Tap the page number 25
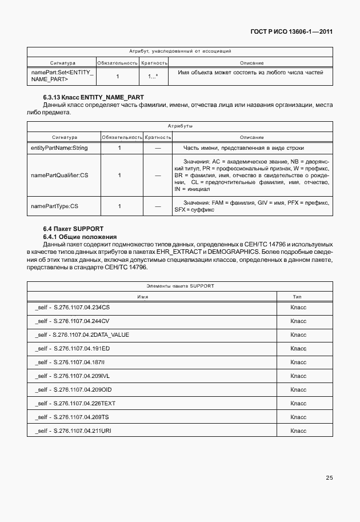point(329,477)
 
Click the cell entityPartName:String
point(59,148)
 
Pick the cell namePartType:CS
point(54,206)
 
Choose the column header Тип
point(297,297)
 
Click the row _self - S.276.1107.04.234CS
point(72,308)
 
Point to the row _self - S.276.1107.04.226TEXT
point(75,403)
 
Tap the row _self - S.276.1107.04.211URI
point(73,431)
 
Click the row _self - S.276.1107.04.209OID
point(73,389)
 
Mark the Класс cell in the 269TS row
point(298,417)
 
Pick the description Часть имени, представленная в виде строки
point(251,148)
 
